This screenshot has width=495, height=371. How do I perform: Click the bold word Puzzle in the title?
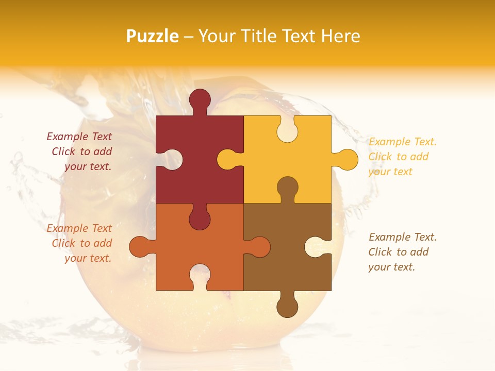coord(153,36)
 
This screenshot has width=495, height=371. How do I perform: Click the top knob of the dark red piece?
coord(200,99)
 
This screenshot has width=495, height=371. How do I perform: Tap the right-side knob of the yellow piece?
coord(346,160)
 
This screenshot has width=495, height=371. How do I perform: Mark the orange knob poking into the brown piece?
coord(259,247)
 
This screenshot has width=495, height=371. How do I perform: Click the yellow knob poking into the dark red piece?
coord(227,160)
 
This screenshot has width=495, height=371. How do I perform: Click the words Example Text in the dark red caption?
coord(79,137)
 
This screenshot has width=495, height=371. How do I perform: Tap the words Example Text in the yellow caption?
coord(403,142)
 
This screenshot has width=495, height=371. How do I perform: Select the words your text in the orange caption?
coord(88,258)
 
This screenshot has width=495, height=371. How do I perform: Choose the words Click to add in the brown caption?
coord(398,252)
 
